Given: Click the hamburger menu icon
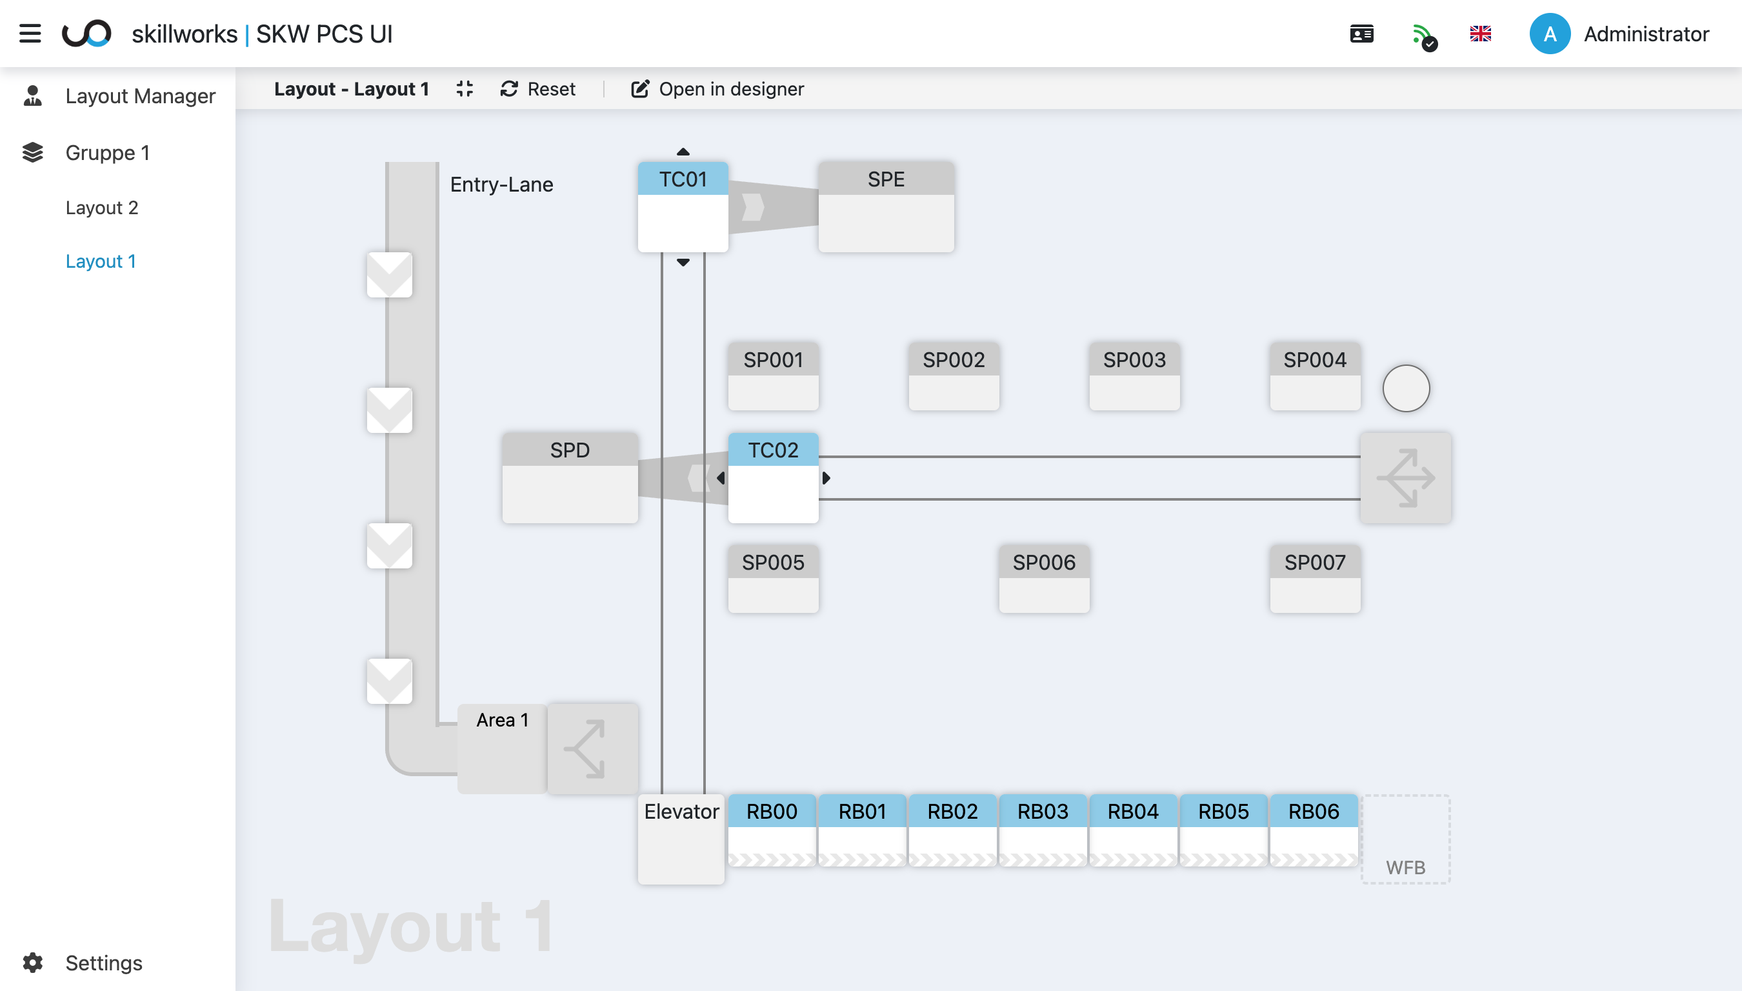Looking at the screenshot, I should [30, 34].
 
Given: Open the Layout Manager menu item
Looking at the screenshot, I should [139, 96].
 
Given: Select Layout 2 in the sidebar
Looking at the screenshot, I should [101, 208].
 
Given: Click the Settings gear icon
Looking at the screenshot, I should [33, 963].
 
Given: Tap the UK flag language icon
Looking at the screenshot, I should [1480, 34].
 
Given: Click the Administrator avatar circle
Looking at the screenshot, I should [1550, 34].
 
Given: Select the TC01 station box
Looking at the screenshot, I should [683, 206].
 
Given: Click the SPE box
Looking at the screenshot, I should [885, 206].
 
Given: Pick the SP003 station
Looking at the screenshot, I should [1134, 375].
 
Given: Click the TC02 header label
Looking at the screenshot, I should [772, 450].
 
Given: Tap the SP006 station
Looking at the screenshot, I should [1043, 578].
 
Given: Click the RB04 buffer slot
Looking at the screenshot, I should [1132, 829].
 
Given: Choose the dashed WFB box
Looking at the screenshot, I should [1405, 839].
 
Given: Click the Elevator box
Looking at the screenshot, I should [681, 839].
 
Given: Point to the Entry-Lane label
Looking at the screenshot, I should [501, 185].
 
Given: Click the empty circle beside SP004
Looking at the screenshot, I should [1406, 388].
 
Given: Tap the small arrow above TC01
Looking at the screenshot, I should [683, 152].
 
